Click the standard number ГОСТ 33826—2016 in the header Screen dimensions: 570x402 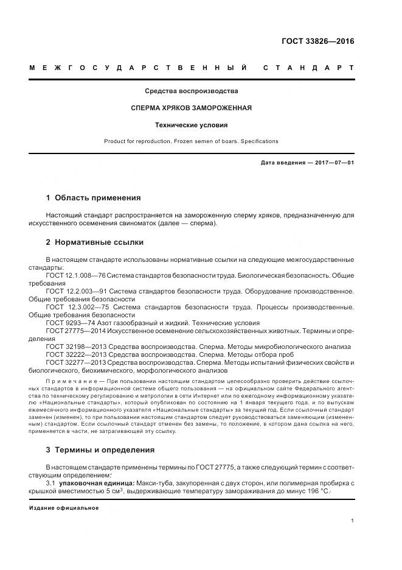point(317,41)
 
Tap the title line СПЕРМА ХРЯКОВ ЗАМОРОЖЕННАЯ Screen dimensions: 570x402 point(191,108)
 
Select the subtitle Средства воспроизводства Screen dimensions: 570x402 point(191,91)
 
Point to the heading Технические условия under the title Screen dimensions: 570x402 point(191,125)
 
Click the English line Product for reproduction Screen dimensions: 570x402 point(191,141)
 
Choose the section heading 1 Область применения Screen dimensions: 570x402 point(94,198)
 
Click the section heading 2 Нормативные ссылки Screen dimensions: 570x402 point(95,242)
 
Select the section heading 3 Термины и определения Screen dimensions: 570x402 point(100,450)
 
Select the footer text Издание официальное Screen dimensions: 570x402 point(64,508)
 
